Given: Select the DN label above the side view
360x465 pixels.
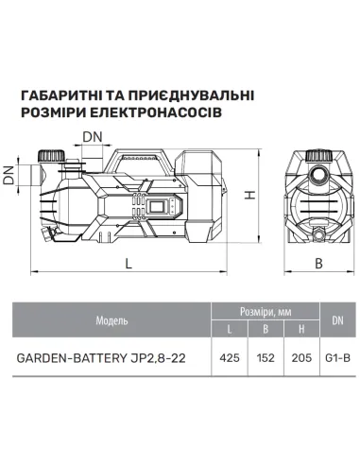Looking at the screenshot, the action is click(93, 137).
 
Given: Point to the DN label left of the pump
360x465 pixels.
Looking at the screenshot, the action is click(9, 175).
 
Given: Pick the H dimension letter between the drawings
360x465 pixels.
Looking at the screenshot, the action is click(250, 196).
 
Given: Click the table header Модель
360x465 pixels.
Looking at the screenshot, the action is click(111, 321).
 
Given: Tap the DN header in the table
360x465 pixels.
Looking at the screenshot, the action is click(338, 321).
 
